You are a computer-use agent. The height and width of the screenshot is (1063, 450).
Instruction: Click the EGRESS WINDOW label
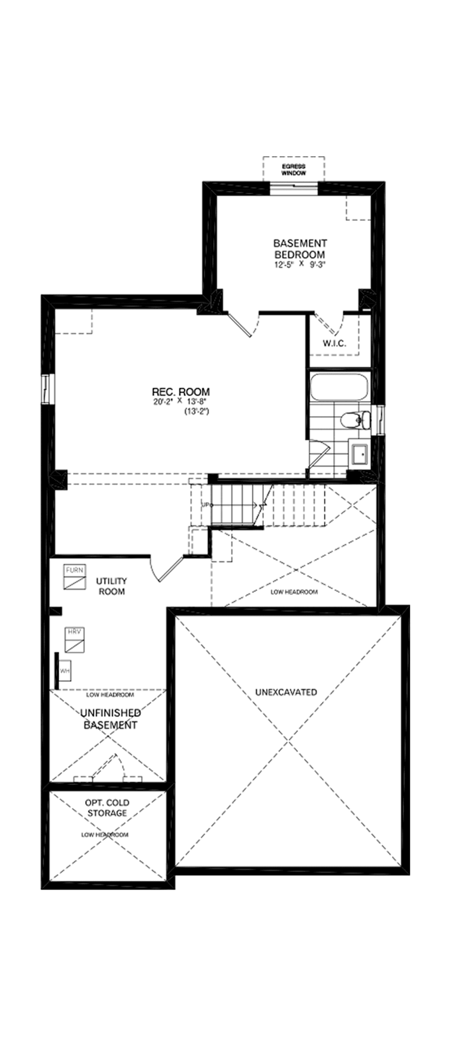point(294,170)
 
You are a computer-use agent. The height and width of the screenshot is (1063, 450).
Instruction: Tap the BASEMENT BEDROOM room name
point(300,249)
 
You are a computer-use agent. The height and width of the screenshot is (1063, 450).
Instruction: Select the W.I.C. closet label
point(334,343)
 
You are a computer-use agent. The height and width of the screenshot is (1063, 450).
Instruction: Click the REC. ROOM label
point(181,392)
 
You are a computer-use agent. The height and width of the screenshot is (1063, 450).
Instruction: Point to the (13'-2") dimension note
point(196,411)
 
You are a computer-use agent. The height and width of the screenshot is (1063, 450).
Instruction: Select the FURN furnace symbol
point(75,577)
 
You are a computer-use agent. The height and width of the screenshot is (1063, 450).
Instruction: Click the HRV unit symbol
point(75,640)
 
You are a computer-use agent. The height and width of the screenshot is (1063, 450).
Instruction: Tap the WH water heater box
point(64,671)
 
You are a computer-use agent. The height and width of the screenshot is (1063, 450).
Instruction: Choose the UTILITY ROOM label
point(111,586)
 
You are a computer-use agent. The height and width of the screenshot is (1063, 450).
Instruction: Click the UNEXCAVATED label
point(286,692)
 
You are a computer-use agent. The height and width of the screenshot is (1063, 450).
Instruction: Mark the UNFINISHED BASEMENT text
point(110,719)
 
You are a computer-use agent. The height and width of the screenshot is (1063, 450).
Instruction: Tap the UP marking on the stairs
point(206,505)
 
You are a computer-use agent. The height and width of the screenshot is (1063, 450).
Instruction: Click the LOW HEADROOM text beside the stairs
point(294,592)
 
